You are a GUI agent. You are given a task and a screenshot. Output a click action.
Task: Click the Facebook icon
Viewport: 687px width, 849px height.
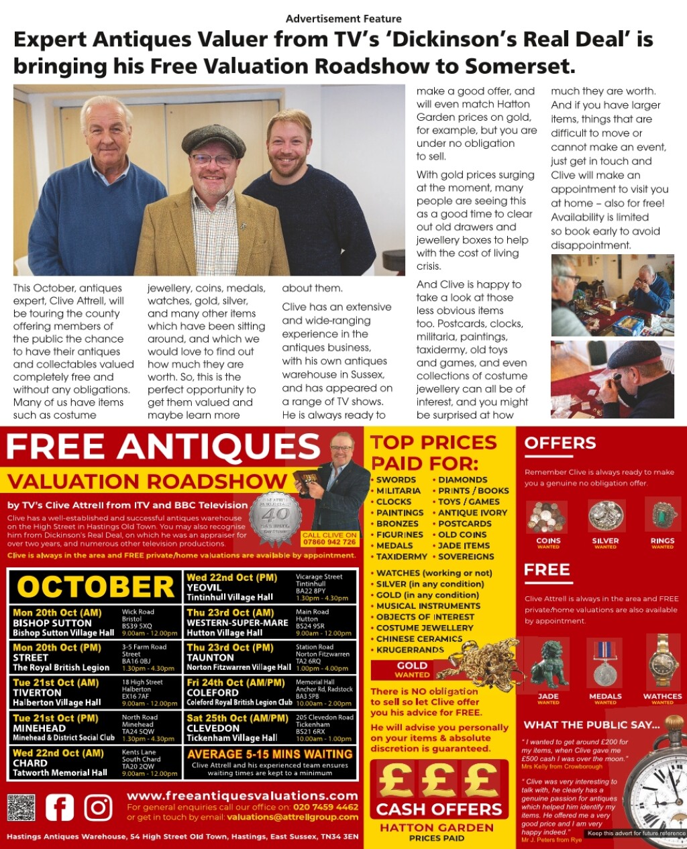[60, 807]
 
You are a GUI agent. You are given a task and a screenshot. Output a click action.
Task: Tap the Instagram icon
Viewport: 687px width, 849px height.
[98, 807]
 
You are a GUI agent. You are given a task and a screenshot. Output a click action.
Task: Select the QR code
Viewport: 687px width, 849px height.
[21, 807]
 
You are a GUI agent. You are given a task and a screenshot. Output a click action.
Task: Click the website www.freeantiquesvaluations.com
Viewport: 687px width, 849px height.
[242, 796]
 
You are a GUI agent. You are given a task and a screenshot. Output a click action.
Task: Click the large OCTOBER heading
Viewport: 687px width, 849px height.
[96, 587]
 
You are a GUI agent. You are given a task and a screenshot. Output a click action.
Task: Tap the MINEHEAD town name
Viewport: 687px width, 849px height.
[39, 728]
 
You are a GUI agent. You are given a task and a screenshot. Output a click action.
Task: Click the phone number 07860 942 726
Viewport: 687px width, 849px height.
[329, 542]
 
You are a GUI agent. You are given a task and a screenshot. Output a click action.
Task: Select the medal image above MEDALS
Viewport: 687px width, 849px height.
[605, 665]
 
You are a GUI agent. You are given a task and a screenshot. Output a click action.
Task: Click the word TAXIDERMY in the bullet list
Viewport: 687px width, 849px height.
[402, 557]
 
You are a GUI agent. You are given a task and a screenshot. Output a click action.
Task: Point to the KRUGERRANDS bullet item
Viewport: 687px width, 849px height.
[410, 650]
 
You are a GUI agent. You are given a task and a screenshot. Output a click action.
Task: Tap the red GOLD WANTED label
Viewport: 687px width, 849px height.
[412, 670]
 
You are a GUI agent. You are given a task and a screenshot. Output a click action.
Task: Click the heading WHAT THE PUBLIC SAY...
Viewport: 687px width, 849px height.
[592, 725]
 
